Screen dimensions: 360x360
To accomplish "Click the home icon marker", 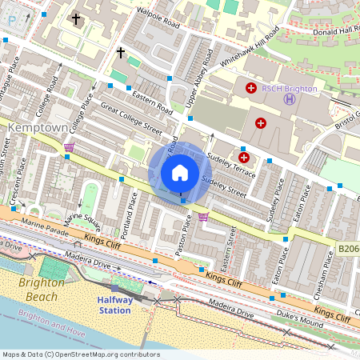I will [x=180, y=173].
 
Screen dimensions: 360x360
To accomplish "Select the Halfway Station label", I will [x=114, y=304].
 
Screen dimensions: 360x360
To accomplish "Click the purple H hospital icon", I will [x=289, y=99].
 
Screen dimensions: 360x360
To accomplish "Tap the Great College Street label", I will [x=131, y=119].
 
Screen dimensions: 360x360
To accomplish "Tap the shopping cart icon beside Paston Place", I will [x=203, y=216].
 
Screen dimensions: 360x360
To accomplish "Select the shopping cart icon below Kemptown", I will [x=69, y=147].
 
